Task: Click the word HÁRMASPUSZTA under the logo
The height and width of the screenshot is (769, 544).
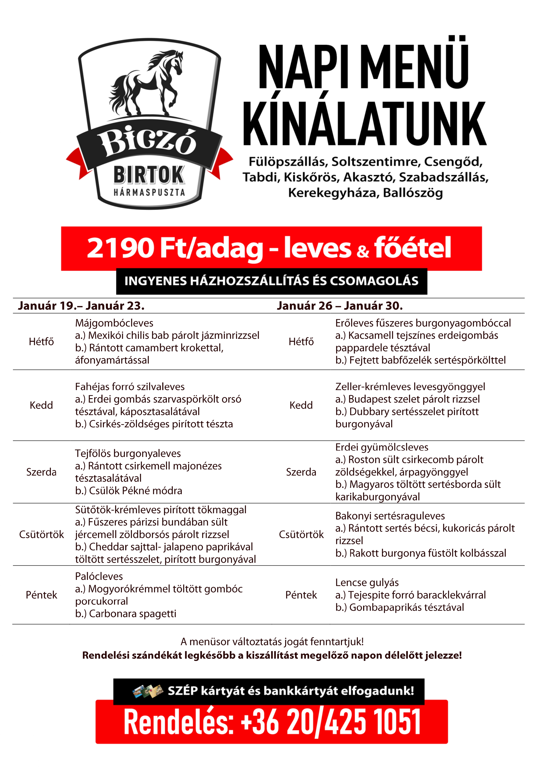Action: [x=149, y=192]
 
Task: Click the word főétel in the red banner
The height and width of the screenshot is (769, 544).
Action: [x=412, y=248]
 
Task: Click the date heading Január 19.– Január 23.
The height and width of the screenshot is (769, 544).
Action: [x=81, y=305]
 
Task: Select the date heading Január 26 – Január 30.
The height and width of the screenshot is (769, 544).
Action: [x=340, y=305]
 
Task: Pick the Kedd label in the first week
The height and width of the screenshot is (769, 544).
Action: [x=41, y=405]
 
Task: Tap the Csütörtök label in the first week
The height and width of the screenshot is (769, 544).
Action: [x=41, y=534]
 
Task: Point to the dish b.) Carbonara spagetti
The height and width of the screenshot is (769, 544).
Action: [x=126, y=614]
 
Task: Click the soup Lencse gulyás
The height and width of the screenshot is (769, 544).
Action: [x=367, y=583]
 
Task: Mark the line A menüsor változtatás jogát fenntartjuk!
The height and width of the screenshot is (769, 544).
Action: [x=272, y=642]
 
